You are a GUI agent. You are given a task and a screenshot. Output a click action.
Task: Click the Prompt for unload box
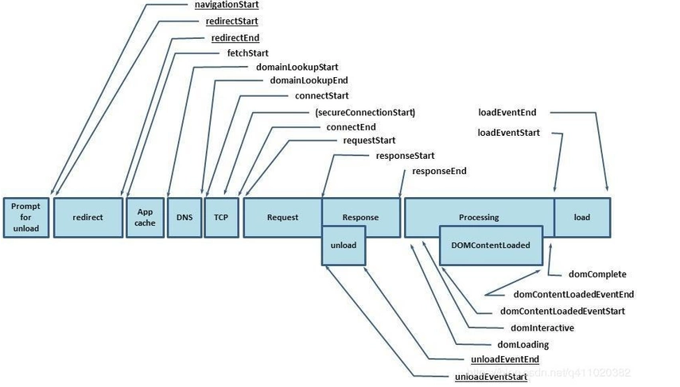click(x=26, y=218)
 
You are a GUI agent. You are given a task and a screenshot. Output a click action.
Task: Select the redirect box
click(x=88, y=218)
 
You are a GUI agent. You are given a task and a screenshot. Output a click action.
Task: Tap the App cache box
click(x=145, y=218)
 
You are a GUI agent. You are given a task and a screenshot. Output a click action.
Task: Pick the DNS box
click(x=185, y=218)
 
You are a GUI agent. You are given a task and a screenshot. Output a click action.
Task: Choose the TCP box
click(x=221, y=218)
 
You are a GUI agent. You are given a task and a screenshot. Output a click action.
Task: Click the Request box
click(x=282, y=218)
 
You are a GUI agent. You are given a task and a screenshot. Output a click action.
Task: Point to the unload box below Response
click(x=344, y=246)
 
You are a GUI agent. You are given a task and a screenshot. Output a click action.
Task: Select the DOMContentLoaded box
click(x=491, y=246)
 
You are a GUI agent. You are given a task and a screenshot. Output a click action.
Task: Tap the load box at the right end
click(x=582, y=218)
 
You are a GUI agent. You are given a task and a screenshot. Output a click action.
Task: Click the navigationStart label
click(x=227, y=5)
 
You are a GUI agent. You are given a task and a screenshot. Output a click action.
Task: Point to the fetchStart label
click(x=247, y=53)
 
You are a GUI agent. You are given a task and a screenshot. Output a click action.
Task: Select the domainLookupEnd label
click(x=309, y=80)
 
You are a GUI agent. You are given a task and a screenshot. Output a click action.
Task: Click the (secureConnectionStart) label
click(x=365, y=112)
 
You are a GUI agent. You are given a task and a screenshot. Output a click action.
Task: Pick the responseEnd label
click(x=439, y=171)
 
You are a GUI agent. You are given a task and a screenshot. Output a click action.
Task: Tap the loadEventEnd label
click(x=507, y=112)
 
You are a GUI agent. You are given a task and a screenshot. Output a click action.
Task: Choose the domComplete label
click(x=597, y=274)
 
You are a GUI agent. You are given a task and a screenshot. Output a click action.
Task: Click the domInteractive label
click(x=542, y=328)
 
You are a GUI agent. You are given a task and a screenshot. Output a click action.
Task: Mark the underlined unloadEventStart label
click(x=491, y=377)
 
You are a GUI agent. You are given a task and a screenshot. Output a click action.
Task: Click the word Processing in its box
click(x=479, y=218)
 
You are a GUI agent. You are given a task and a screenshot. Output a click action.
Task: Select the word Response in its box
click(x=360, y=218)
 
